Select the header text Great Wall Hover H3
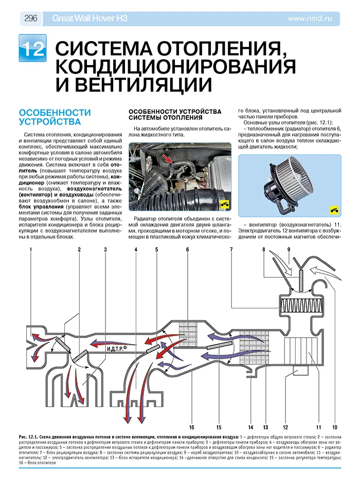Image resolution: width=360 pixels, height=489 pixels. tap(90, 19)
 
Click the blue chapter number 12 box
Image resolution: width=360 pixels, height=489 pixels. tap(32, 48)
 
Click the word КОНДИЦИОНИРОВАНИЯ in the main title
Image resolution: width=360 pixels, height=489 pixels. tap(175, 66)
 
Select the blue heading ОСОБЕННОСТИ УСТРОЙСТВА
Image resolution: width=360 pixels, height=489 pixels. tap(54, 117)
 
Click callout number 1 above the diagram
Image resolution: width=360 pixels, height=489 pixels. tap(31, 250)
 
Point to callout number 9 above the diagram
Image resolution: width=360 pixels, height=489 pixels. tap(289, 250)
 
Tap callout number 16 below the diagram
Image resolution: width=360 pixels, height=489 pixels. tap(191, 427)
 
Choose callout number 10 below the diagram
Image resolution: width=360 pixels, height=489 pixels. tap(334, 427)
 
